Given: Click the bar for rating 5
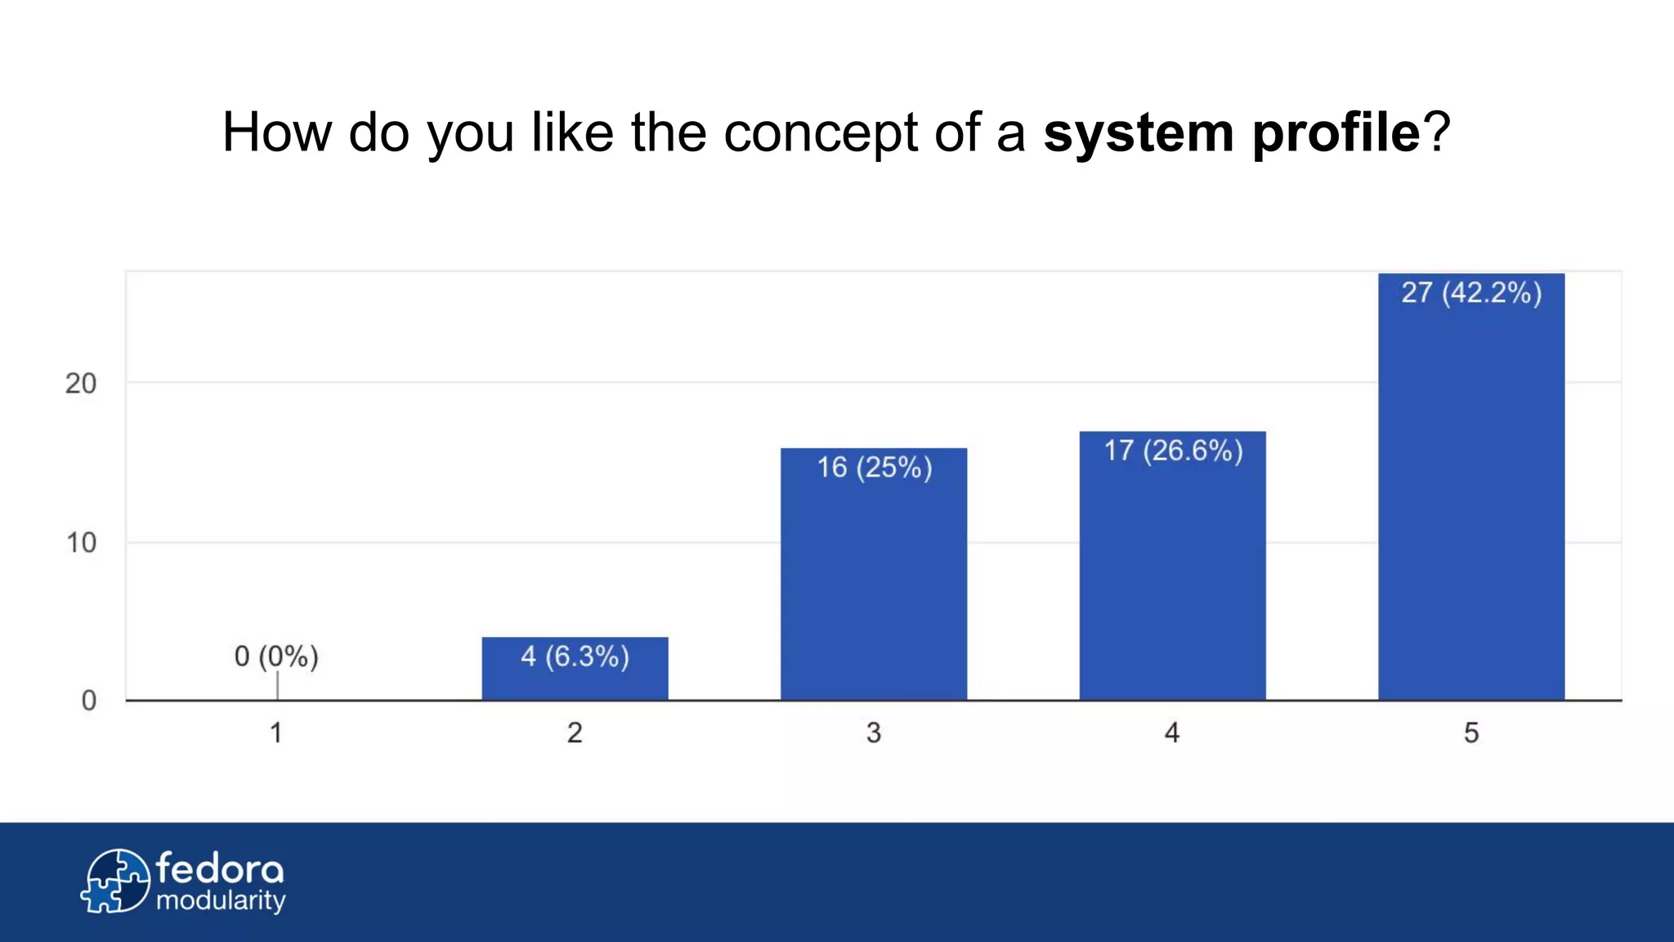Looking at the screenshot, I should click(1471, 507).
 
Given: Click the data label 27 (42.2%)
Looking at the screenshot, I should click(1471, 293).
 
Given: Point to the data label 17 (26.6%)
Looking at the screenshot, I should click(1173, 451).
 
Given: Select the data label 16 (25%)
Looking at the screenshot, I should click(875, 468).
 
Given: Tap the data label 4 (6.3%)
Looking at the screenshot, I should click(575, 657).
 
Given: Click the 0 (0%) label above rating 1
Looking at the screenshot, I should click(276, 657).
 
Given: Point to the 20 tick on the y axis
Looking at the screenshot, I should click(81, 384).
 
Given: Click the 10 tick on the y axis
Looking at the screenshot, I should click(81, 543).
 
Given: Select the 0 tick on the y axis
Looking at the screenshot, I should click(88, 701).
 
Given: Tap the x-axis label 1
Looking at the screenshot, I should click(276, 733).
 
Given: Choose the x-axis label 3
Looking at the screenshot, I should click(874, 733).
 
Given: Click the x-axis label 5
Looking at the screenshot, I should click(1471, 733).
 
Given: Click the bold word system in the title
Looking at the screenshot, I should click(1138, 133).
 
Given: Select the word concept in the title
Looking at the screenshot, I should click(821, 133).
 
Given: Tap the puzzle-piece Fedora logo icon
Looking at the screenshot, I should click(116, 881).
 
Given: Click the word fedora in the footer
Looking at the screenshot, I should click(220, 869).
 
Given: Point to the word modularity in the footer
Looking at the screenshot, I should click(221, 901).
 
